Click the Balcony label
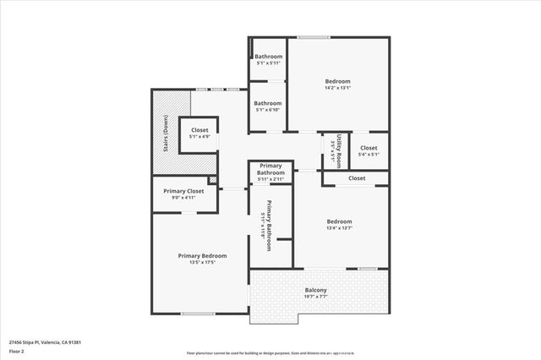pyautogui.click(x=315, y=291)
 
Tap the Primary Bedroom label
pyautogui.click(x=202, y=255)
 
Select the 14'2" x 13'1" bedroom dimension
pyautogui.click(x=338, y=87)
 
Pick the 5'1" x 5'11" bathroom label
pyautogui.click(x=269, y=63)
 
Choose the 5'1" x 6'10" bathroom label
pyautogui.click(x=269, y=110)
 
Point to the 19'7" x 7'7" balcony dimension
pyautogui.click(x=315, y=297)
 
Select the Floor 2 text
pyautogui.click(x=18, y=351)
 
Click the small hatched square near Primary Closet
pyautogui.click(x=213, y=180)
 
